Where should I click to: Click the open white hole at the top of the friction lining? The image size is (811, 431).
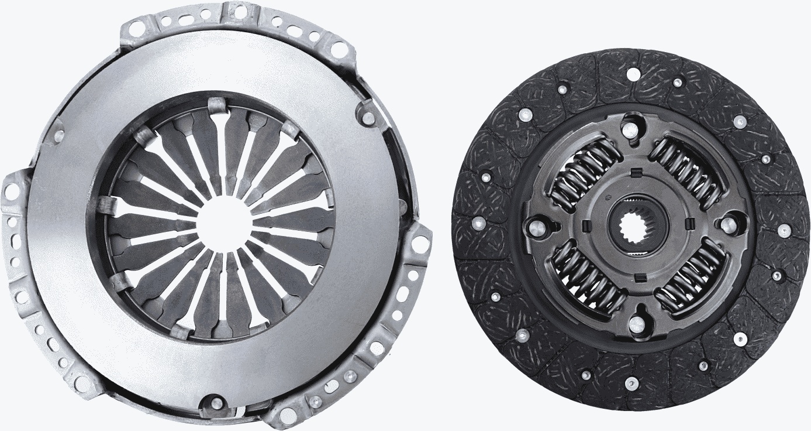point(633,74)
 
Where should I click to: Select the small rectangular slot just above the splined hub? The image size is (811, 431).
point(636,173)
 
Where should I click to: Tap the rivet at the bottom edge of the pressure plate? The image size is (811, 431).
point(215,402)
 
